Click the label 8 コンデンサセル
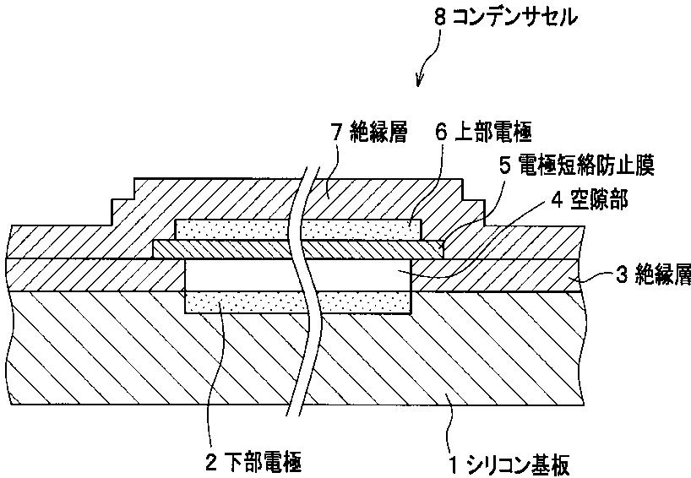click(x=506, y=17)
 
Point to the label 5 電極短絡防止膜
click(x=576, y=166)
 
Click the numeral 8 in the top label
click(x=438, y=17)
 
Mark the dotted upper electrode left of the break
click(x=232, y=228)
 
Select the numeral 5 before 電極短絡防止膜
click(x=504, y=166)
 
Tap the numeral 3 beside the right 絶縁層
click(x=621, y=276)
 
